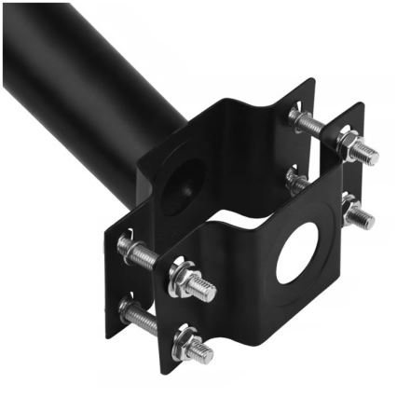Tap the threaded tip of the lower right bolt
pyautogui.click(x=365, y=220)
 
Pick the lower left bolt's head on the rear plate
pyautogui.click(x=127, y=308)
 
